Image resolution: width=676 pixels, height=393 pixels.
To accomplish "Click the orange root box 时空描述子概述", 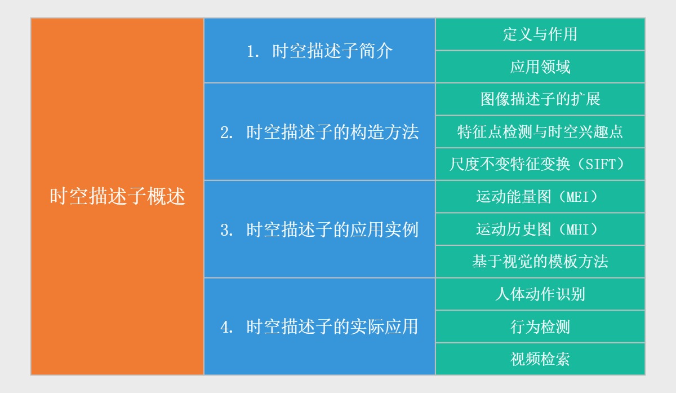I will coord(117,196).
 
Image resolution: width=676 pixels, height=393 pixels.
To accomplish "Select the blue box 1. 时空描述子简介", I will coord(319,51).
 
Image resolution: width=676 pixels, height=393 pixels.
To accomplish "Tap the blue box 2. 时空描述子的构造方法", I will coord(319,132).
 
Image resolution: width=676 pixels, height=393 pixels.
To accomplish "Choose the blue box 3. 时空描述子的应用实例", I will coord(319,229).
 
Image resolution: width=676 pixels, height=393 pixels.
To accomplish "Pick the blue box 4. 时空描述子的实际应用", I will coord(319,326).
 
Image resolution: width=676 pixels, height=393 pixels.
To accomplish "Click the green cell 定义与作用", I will coord(540,34).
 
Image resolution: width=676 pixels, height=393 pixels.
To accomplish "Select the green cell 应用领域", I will coord(540,67).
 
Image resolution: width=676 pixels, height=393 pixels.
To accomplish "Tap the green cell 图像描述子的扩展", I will coord(540,99).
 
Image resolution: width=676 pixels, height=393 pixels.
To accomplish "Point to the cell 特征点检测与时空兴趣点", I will coord(540,132).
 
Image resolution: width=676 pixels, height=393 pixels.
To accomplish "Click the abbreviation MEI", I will coord(577,197).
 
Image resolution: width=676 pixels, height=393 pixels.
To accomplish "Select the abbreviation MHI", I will coord(577,229).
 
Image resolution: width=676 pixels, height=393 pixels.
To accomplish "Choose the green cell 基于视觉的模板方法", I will coord(540,262).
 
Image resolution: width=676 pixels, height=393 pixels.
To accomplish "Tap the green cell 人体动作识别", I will coord(540,294).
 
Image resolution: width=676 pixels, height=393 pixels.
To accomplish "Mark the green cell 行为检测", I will coord(540,326).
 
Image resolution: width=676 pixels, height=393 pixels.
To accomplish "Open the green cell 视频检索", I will coord(540,359).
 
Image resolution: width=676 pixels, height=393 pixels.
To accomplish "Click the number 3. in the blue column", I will coord(227,230).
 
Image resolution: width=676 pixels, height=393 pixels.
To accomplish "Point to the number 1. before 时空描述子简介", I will coord(253,51).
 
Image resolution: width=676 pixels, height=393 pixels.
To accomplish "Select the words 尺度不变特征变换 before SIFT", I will coord(508,165).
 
